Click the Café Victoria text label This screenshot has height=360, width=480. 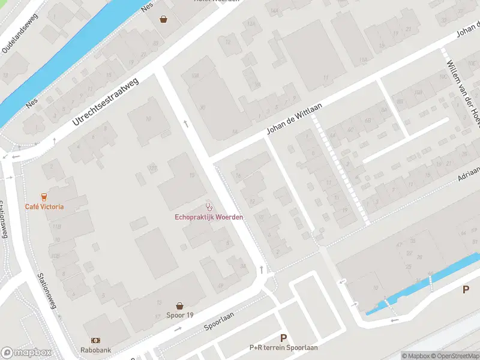point(44,207)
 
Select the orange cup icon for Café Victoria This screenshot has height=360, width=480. point(44,197)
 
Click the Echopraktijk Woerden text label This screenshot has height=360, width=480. point(209,217)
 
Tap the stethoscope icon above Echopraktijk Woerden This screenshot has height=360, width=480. point(209,206)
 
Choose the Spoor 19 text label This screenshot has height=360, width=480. point(180,316)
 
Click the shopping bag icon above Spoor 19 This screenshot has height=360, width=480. point(179,306)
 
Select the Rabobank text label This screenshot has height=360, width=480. point(96,350)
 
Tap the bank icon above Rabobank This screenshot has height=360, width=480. point(95,340)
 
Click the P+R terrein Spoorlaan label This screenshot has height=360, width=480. point(283,347)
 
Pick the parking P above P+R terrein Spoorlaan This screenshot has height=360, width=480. point(283,338)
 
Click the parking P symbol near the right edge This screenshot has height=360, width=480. point(466,290)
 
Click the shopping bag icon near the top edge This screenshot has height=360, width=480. point(163,19)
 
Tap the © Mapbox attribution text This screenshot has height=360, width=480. point(416,356)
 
